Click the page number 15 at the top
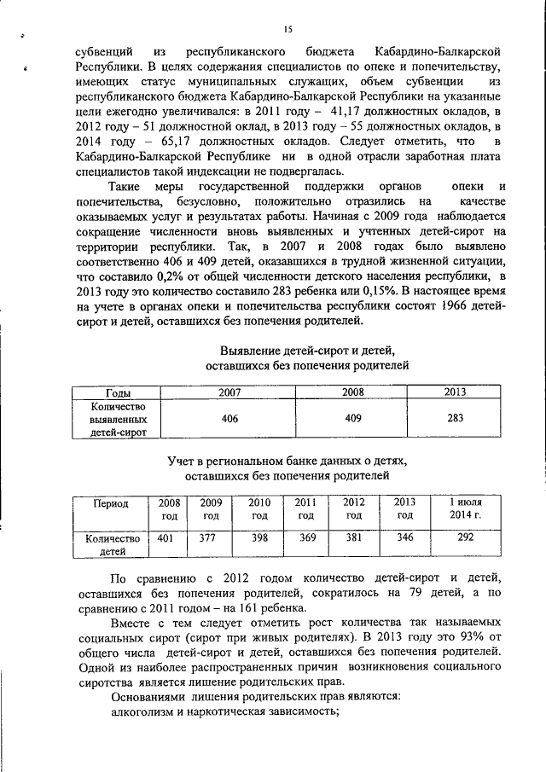288,30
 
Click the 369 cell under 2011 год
307,538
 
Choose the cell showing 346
405,538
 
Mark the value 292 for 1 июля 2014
466,538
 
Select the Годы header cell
119,392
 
